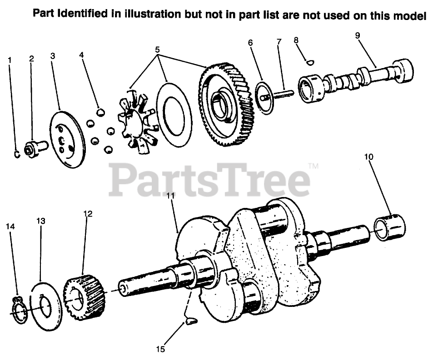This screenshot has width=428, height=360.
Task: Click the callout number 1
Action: (10, 60)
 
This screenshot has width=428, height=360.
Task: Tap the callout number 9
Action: (358, 35)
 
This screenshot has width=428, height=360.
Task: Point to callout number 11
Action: (170, 196)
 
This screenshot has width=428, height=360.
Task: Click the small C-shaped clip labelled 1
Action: (17, 154)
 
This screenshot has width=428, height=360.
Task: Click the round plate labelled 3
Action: (66, 139)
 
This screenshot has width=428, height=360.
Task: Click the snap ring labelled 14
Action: (19, 311)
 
